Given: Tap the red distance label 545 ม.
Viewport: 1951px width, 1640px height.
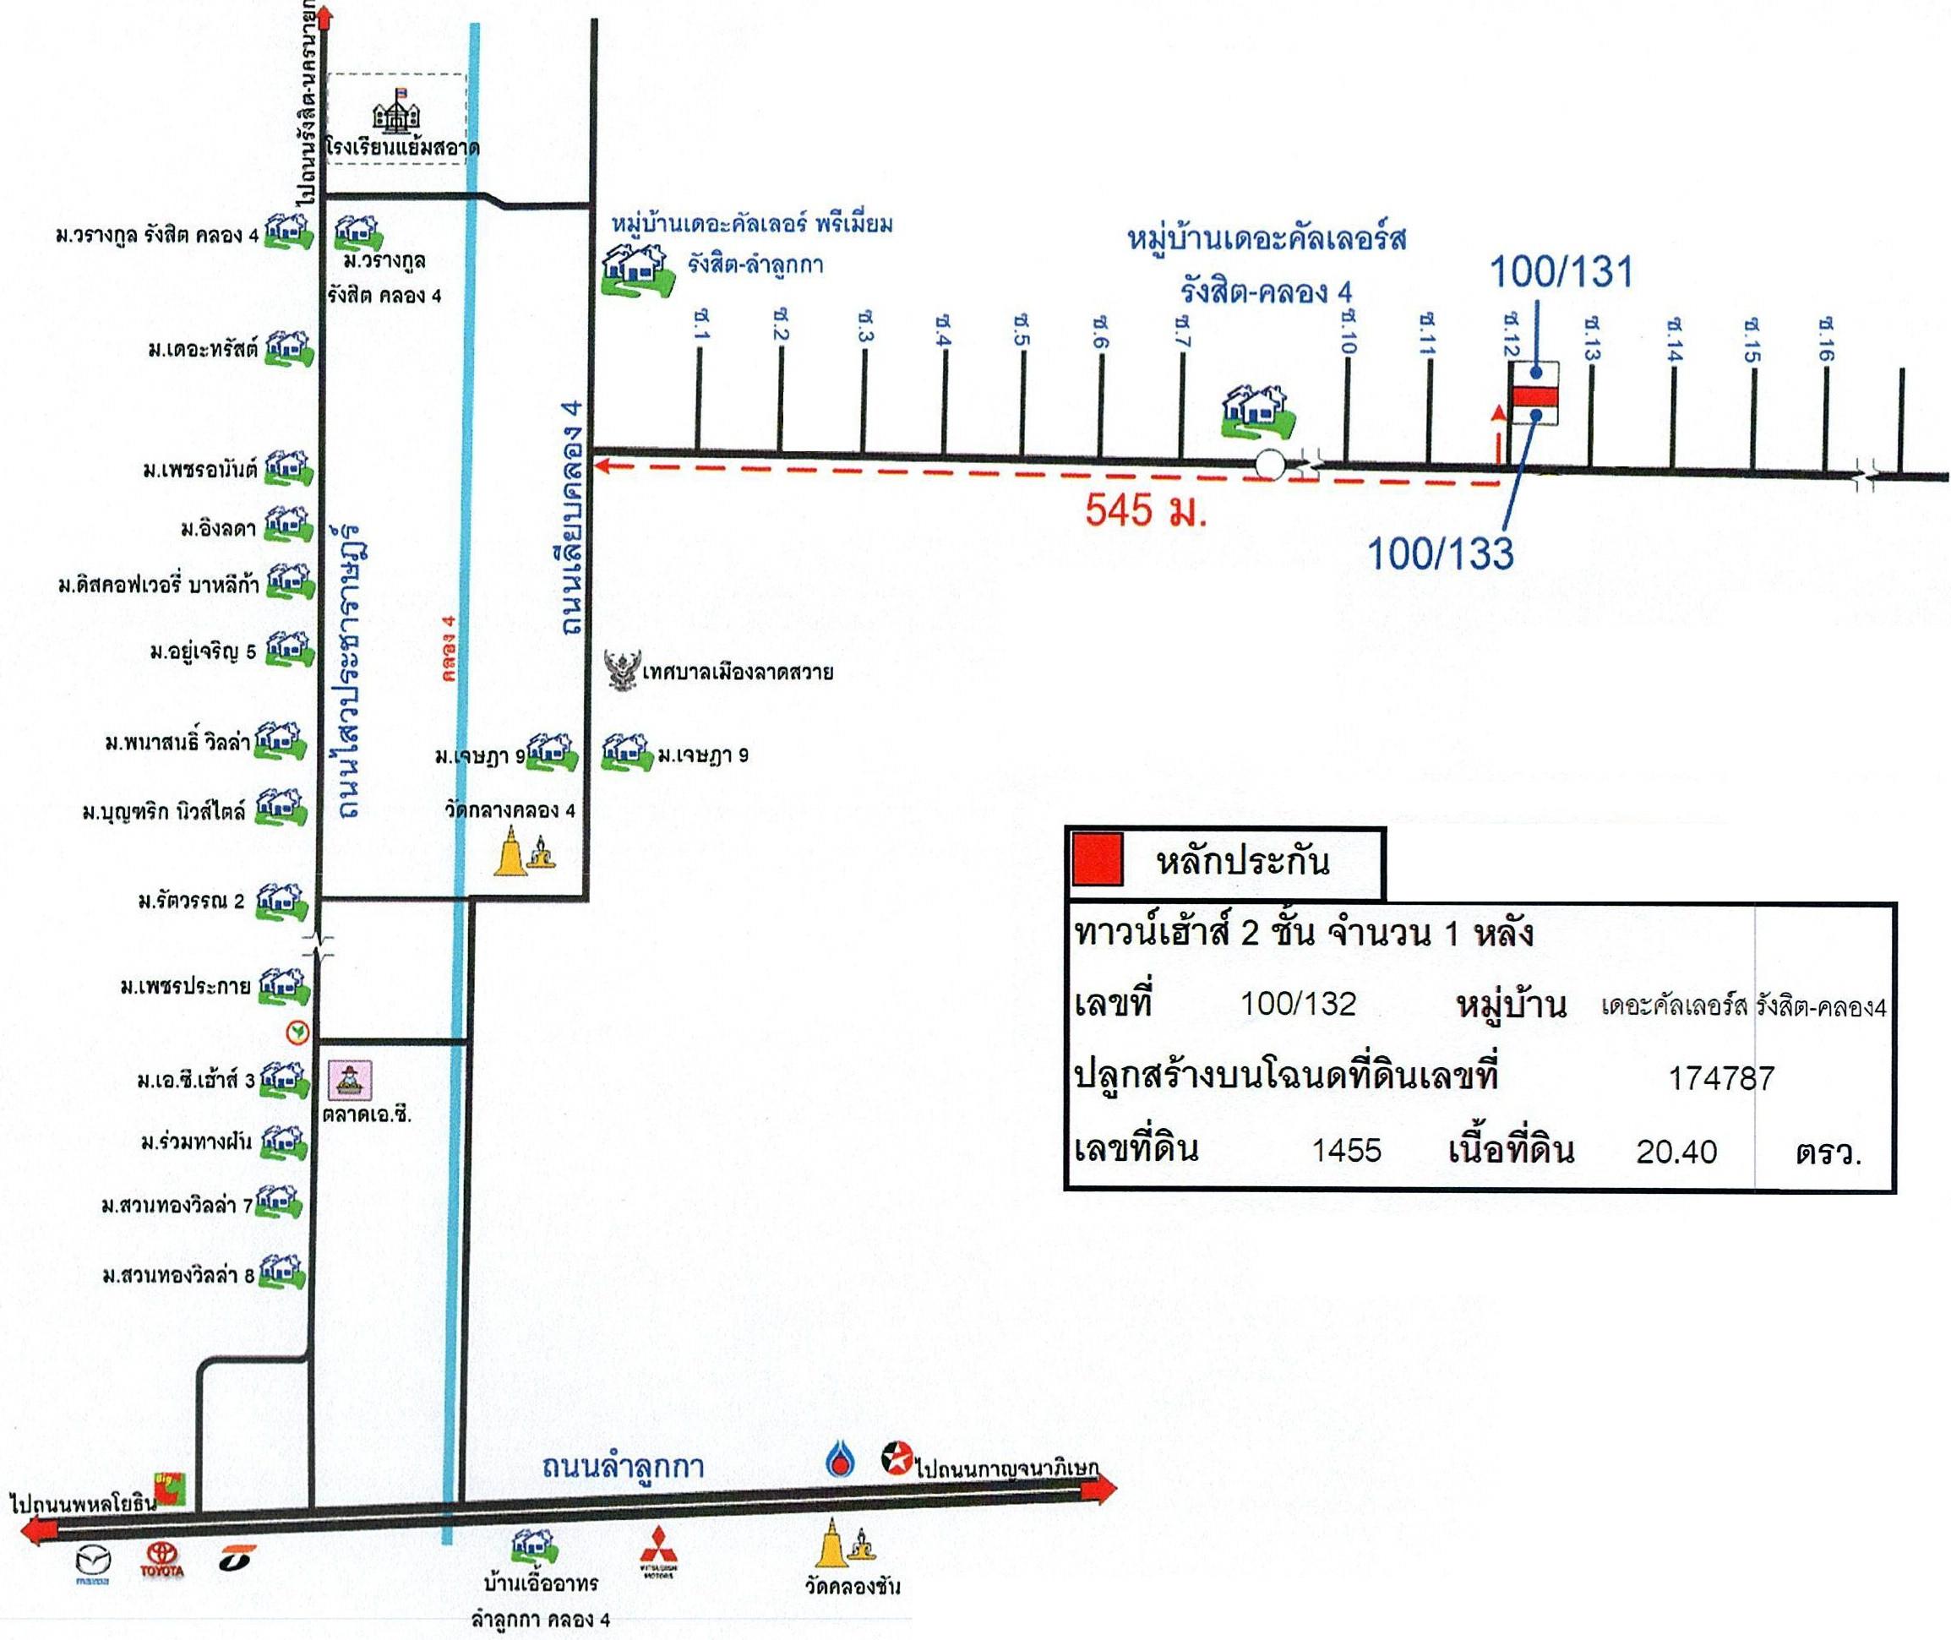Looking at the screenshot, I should pos(1145,509).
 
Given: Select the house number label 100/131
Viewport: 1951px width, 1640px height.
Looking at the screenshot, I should pos(1561,272).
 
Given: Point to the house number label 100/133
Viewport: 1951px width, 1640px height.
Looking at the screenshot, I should pos(1440,553).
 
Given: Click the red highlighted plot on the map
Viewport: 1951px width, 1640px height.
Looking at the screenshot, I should pos(1533,397).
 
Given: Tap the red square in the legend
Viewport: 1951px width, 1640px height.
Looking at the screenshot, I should pos(1098,858).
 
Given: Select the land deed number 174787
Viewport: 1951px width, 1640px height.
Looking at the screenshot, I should pos(1721,1078).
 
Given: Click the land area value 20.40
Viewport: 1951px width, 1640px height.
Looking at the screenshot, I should pos(1676,1152).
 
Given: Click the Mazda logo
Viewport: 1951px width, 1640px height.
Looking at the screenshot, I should pos(93,1562).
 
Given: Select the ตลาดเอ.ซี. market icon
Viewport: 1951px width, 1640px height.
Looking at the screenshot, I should pos(352,1078).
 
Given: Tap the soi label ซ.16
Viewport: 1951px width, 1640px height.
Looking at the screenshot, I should pos(1824,340).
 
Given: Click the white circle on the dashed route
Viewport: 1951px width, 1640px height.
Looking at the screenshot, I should pos(1270,464).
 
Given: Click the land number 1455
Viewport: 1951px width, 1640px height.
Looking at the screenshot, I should pos(1346,1151).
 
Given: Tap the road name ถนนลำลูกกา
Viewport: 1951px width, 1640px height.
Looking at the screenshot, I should pos(623,1467).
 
